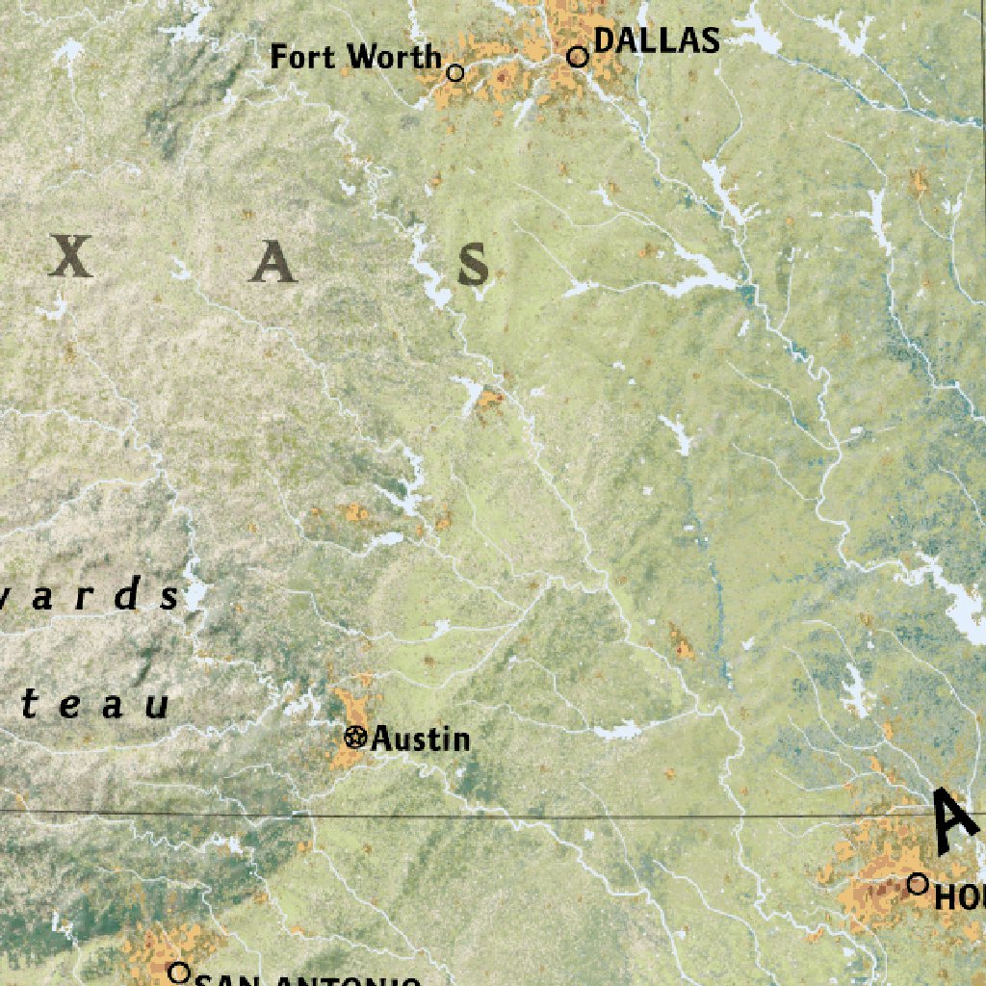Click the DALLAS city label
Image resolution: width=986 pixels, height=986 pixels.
coord(657,40)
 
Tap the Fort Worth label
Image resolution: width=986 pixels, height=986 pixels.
coord(355,57)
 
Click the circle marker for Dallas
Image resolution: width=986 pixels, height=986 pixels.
coord(578,57)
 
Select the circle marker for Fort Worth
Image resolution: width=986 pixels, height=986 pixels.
coord(455,72)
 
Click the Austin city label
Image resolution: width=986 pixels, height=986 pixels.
coord(421,739)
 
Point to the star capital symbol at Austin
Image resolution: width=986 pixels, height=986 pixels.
coord(355,739)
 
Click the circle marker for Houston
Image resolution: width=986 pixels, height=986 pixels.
coord(918,883)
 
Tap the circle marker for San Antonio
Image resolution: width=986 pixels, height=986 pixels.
coord(178,973)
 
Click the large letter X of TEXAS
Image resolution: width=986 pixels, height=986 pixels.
coord(72,257)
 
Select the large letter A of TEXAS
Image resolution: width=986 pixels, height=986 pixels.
coord(272,262)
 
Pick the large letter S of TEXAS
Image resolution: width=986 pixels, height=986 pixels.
coord(473,265)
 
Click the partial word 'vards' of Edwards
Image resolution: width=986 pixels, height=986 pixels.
coord(91,597)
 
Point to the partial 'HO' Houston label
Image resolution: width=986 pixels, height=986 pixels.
coord(959,897)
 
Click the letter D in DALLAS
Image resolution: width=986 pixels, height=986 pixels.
coord(605,40)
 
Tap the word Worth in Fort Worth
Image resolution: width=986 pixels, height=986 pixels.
coord(395,57)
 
